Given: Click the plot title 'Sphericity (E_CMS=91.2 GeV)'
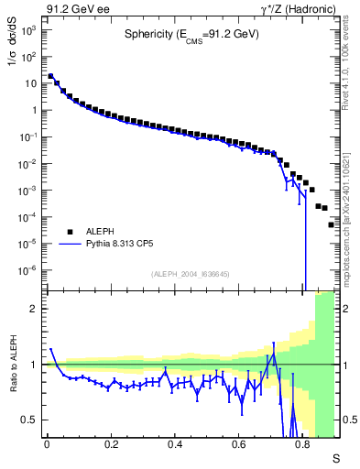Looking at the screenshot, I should [191, 35].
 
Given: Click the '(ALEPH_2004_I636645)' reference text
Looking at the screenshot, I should [191, 273].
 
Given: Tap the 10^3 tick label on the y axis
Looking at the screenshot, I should [29, 30].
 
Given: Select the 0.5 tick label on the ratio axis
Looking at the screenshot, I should [29, 420].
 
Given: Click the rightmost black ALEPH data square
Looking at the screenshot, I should [332, 224].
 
